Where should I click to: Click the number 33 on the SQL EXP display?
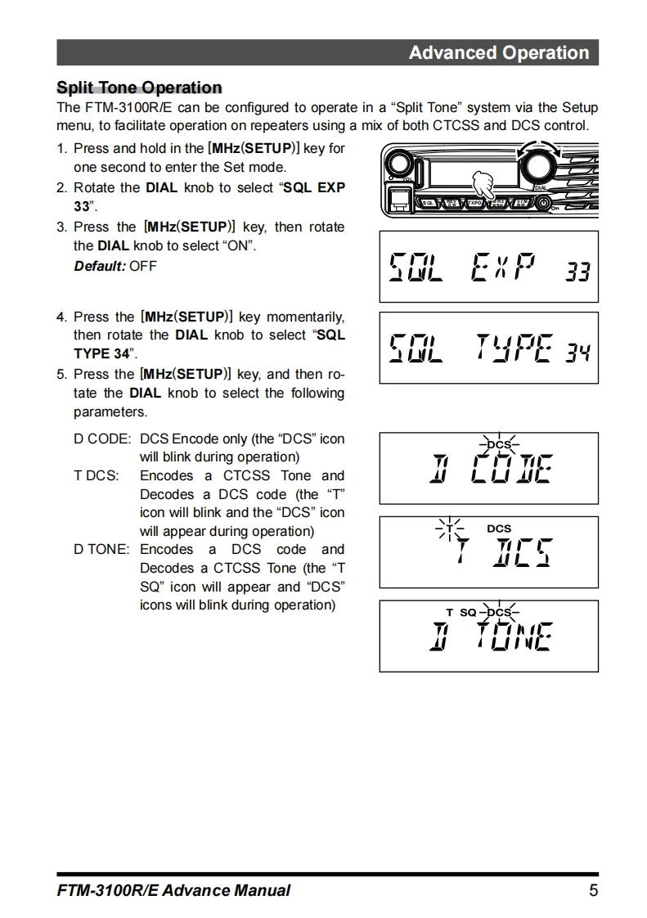(x=577, y=271)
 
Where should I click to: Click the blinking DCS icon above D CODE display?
(x=498, y=444)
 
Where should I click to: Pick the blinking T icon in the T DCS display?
(x=449, y=529)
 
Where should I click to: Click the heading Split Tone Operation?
(x=139, y=88)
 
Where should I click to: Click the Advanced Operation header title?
(x=498, y=53)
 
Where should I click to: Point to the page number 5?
(x=593, y=890)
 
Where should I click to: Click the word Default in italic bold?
(x=100, y=266)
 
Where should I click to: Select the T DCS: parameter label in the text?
(x=96, y=475)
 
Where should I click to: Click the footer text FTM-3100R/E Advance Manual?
(x=173, y=890)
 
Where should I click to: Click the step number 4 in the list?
(x=61, y=316)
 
